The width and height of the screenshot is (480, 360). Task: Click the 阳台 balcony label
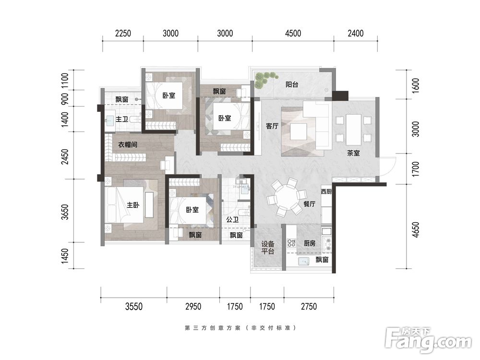pyautogui.click(x=291, y=84)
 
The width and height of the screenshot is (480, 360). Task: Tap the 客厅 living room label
pyautogui.click(x=272, y=125)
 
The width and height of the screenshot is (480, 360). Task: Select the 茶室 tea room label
pyautogui.click(x=353, y=153)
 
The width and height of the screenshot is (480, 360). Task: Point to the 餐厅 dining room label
pyautogui.click(x=309, y=204)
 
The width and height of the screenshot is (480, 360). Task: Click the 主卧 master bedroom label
pyautogui.click(x=133, y=205)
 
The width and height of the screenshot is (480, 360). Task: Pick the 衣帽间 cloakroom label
pyautogui.click(x=128, y=144)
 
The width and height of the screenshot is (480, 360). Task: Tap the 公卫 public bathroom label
pyautogui.click(x=232, y=219)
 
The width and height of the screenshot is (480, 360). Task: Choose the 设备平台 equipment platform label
pyautogui.click(x=267, y=248)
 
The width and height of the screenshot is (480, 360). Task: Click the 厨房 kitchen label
pyautogui.click(x=309, y=243)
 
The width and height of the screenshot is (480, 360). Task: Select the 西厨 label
pyautogui.click(x=326, y=192)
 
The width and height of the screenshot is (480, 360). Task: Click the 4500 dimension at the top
pyautogui.click(x=293, y=33)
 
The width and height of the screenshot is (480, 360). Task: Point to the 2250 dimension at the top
pyautogui.click(x=123, y=33)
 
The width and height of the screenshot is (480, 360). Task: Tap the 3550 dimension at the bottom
pyautogui.click(x=134, y=306)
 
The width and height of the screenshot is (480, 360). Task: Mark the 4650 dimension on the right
pyautogui.click(x=415, y=229)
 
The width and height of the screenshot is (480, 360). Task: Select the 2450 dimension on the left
pyautogui.click(x=65, y=156)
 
